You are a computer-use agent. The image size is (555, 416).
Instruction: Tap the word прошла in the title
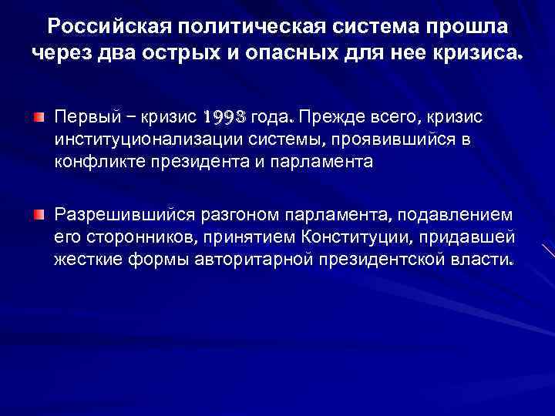pyautogui.click(x=470, y=27)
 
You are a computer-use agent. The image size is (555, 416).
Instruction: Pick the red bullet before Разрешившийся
pyautogui.click(x=39, y=213)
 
